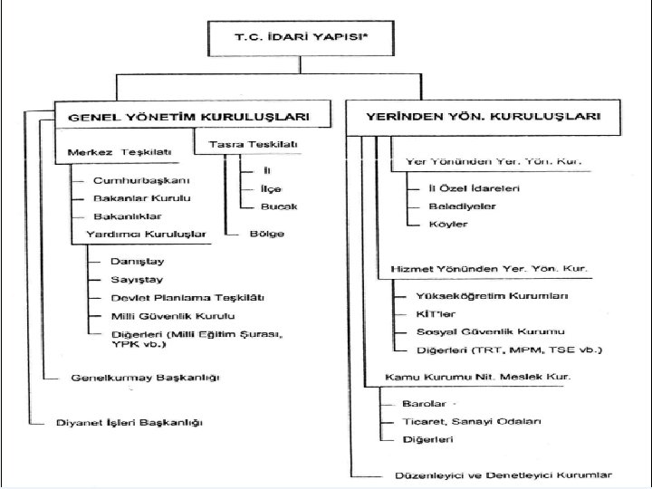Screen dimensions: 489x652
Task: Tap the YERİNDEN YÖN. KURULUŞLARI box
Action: pos(484,118)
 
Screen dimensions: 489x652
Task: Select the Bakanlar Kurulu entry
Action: pos(142,198)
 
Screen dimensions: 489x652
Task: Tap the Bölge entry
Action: pos(266,235)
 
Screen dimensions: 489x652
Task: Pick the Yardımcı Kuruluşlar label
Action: pos(146,235)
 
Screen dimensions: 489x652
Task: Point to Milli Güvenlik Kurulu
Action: pos(173,316)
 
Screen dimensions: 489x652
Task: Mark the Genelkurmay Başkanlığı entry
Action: pos(145,377)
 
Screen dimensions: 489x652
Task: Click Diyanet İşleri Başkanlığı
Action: pos(129,423)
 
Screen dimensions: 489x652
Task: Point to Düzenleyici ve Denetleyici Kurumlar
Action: pos(503,475)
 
